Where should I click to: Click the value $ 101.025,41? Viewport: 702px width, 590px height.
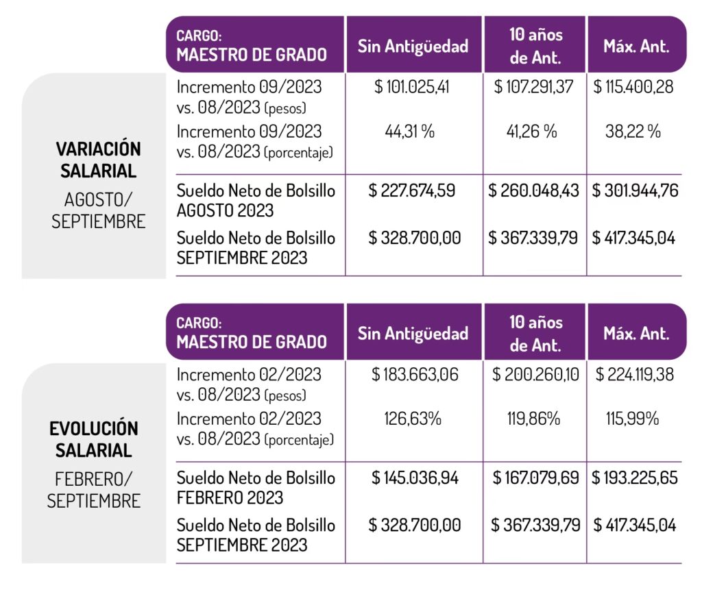coord(414,88)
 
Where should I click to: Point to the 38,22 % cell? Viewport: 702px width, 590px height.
coord(634,132)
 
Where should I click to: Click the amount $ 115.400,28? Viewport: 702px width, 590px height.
coord(634,88)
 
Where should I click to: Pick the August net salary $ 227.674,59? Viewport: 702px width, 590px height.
coord(414,190)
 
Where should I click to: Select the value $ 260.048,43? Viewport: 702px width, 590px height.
coord(535,190)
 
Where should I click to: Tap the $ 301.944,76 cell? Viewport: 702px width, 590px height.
coord(635,190)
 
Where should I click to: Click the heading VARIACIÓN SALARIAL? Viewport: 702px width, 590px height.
coord(98,159)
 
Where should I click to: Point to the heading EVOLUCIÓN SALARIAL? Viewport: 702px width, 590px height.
coord(94,439)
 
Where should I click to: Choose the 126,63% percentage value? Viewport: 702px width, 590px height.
coord(413,419)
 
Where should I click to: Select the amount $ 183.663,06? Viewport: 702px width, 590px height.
coord(414,375)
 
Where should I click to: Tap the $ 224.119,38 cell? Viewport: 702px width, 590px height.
coord(634,375)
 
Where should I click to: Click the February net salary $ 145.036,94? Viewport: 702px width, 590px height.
coord(414,478)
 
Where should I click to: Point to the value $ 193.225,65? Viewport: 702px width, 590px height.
coord(635,478)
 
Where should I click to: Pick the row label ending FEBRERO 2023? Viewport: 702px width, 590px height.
coord(256,487)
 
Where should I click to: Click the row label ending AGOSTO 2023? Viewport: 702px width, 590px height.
coord(256,200)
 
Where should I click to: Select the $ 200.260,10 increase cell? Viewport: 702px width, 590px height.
coord(535,375)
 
